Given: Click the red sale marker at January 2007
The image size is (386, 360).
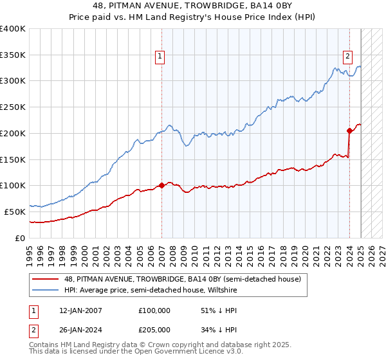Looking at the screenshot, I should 161,185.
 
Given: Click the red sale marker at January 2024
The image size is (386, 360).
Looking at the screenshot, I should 349,130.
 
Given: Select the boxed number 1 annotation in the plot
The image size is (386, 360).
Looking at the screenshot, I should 160,56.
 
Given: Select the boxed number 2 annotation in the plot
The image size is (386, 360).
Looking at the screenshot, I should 347,56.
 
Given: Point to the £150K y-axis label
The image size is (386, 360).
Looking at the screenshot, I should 13,159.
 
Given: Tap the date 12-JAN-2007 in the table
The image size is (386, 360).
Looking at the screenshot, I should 80,310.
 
